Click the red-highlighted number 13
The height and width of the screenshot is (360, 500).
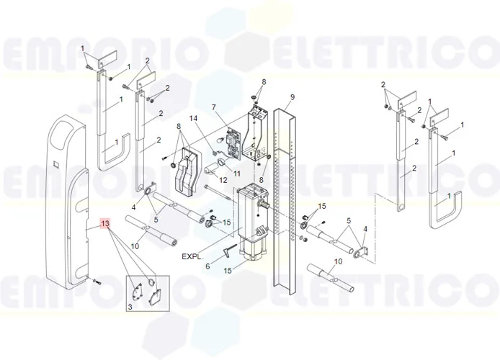tap(105, 224)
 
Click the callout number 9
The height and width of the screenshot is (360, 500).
tap(292, 97)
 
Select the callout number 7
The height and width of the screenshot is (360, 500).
tap(214, 107)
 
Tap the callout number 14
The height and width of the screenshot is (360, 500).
tap(202, 119)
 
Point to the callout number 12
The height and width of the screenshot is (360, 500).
tap(223, 180)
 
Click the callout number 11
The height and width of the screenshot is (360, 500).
tap(236, 174)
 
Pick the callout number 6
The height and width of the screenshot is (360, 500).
tap(207, 266)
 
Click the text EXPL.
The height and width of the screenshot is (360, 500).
tap(192, 256)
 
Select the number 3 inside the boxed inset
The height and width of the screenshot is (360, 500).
tap(130, 307)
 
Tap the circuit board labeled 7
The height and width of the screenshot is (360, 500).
tap(233, 143)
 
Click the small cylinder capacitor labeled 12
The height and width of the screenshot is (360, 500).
tap(212, 169)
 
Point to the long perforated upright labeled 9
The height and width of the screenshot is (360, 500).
tap(285, 201)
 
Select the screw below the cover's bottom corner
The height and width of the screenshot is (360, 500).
tap(96, 282)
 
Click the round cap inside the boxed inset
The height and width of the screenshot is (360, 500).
tap(151, 282)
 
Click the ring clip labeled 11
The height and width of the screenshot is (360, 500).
tap(221, 162)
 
